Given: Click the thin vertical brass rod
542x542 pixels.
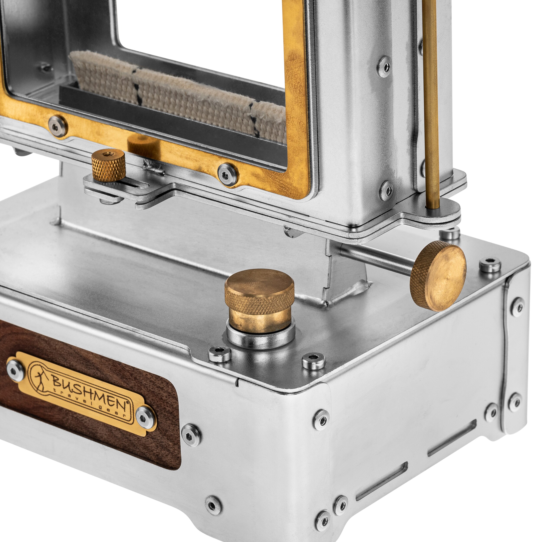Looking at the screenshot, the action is pos(431,104).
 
